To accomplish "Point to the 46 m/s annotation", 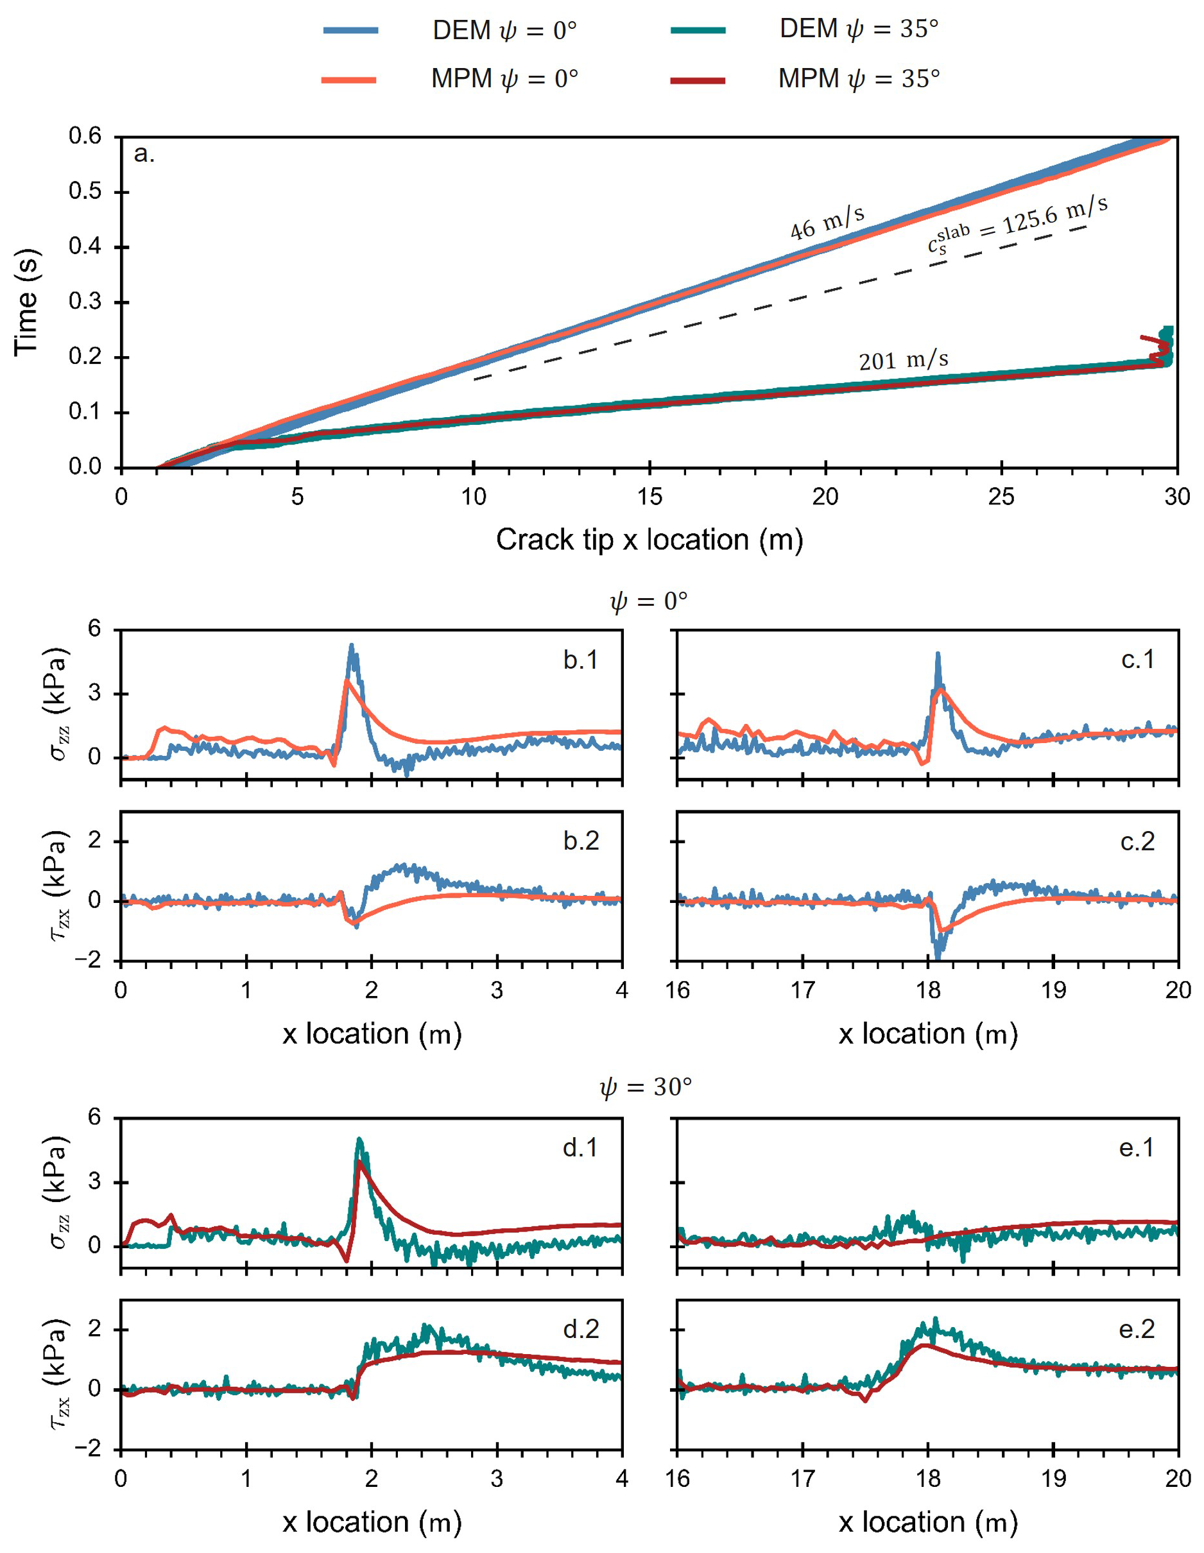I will pos(827,223).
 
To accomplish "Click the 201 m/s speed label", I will pos(903,361).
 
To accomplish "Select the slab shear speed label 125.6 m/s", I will pos(1018,223).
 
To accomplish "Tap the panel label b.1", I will pos(580,660).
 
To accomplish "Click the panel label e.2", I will pos(1137,1329).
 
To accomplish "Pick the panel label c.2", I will pos(1137,841).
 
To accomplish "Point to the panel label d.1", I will pos(580,1147).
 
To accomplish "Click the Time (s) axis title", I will pos(26,302).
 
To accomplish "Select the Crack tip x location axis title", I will pos(649,540).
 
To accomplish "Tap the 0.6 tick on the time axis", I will pos(85,136).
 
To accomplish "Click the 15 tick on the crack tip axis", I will pos(649,496).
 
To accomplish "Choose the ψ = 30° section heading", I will pos(645,1087).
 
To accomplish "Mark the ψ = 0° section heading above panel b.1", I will pos(649,601).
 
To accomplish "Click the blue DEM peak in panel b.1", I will pos(351,646).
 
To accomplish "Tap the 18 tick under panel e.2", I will pos(928,1479).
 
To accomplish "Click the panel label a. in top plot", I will pos(144,153).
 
